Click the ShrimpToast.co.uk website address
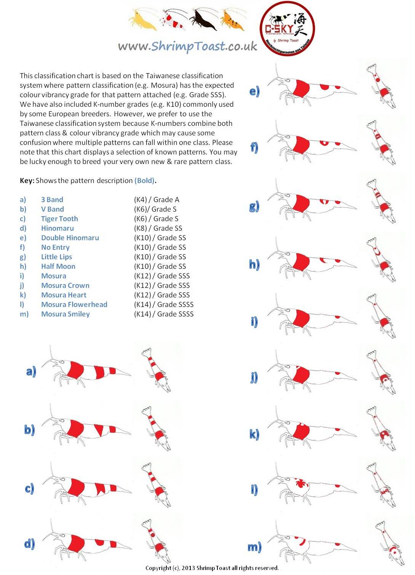(187, 46)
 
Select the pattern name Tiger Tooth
(59, 219)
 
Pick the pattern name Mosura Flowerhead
(74, 305)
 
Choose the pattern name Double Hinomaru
(70, 238)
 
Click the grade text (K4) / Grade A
(156, 200)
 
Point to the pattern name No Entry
(55, 247)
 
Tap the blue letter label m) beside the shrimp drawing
(254, 547)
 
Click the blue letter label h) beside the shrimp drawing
(254, 264)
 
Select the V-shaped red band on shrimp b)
(99, 430)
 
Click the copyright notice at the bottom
(212, 568)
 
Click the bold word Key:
(27, 181)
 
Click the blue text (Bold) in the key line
(145, 181)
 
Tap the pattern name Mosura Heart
(64, 295)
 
